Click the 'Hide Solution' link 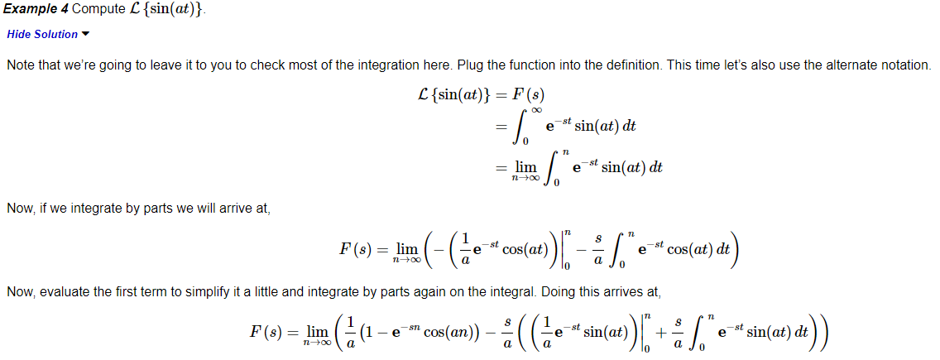click(41, 34)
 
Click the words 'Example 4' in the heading click(36, 9)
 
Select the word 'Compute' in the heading click(98, 9)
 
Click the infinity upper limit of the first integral click(536, 109)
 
